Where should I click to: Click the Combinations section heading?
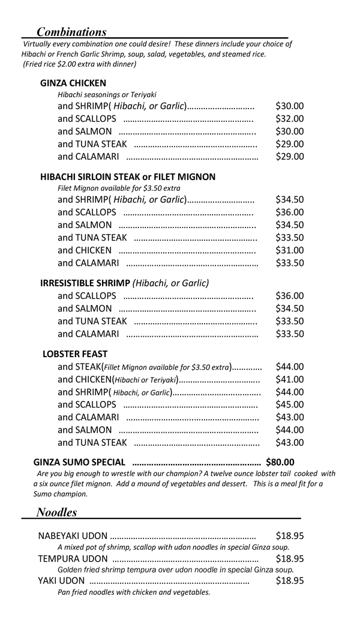click(71, 32)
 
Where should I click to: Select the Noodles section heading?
click(56, 512)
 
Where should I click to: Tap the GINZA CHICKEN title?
click(73, 83)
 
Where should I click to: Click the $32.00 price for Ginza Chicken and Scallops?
click(289, 119)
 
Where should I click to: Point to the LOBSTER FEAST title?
click(75, 354)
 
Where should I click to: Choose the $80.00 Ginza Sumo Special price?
click(281, 462)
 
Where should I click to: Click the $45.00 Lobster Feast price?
click(289, 405)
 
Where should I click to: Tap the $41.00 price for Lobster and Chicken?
click(289, 379)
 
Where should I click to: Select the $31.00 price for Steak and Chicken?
click(289, 250)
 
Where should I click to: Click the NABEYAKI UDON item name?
click(73, 536)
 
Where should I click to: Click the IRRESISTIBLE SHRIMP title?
click(85, 283)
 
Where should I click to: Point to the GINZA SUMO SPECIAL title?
click(80, 462)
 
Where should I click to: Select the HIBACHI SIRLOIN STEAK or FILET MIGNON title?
click(128, 177)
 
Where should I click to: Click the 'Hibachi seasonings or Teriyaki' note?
click(107, 95)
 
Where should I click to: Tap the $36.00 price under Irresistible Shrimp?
click(289, 295)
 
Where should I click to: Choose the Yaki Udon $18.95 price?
click(289, 580)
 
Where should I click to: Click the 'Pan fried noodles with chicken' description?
click(134, 592)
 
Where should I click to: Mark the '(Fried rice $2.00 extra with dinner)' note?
click(79, 64)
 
